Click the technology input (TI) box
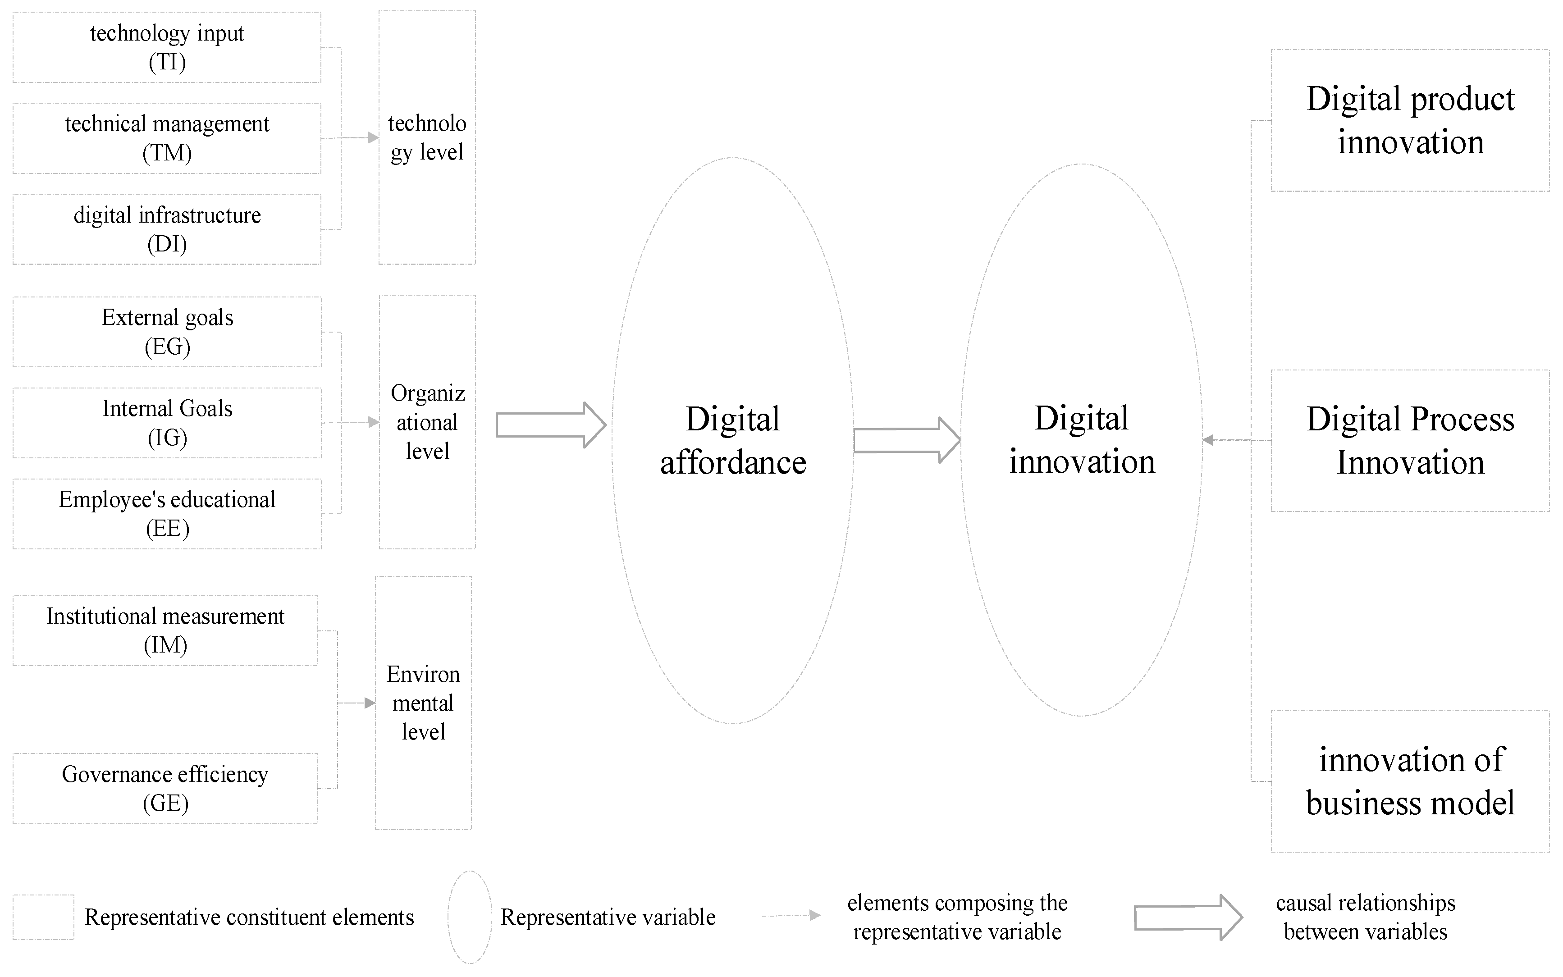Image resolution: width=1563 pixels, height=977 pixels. click(x=167, y=47)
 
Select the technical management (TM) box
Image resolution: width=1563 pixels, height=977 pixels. click(x=167, y=138)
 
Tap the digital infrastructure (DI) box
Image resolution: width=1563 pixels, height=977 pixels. click(x=167, y=229)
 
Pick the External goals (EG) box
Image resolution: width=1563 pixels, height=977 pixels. click(x=167, y=332)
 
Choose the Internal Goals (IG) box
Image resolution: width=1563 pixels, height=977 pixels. click(x=167, y=423)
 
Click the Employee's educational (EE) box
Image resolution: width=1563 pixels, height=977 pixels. click(x=167, y=514)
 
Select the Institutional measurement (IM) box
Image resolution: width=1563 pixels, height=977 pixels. click(x=165, y=630)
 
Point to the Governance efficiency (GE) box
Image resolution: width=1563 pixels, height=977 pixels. click(x=165, y=788)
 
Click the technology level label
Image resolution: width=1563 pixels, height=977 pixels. click(x=427, y=137)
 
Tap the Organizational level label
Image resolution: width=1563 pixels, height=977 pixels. click(x=427, y=422)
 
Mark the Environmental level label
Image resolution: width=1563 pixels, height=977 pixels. click(x=423, y=703)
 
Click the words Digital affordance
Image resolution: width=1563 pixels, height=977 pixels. click(x=733, y=441)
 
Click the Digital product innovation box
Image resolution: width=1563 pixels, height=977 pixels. click(x=1410, y=120)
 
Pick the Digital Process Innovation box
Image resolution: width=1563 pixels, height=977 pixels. click(x=1410, y=441)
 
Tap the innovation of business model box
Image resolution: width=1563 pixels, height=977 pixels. click(x=1410, y=781)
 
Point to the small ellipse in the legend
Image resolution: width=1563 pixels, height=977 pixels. click(x=470, y=917)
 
